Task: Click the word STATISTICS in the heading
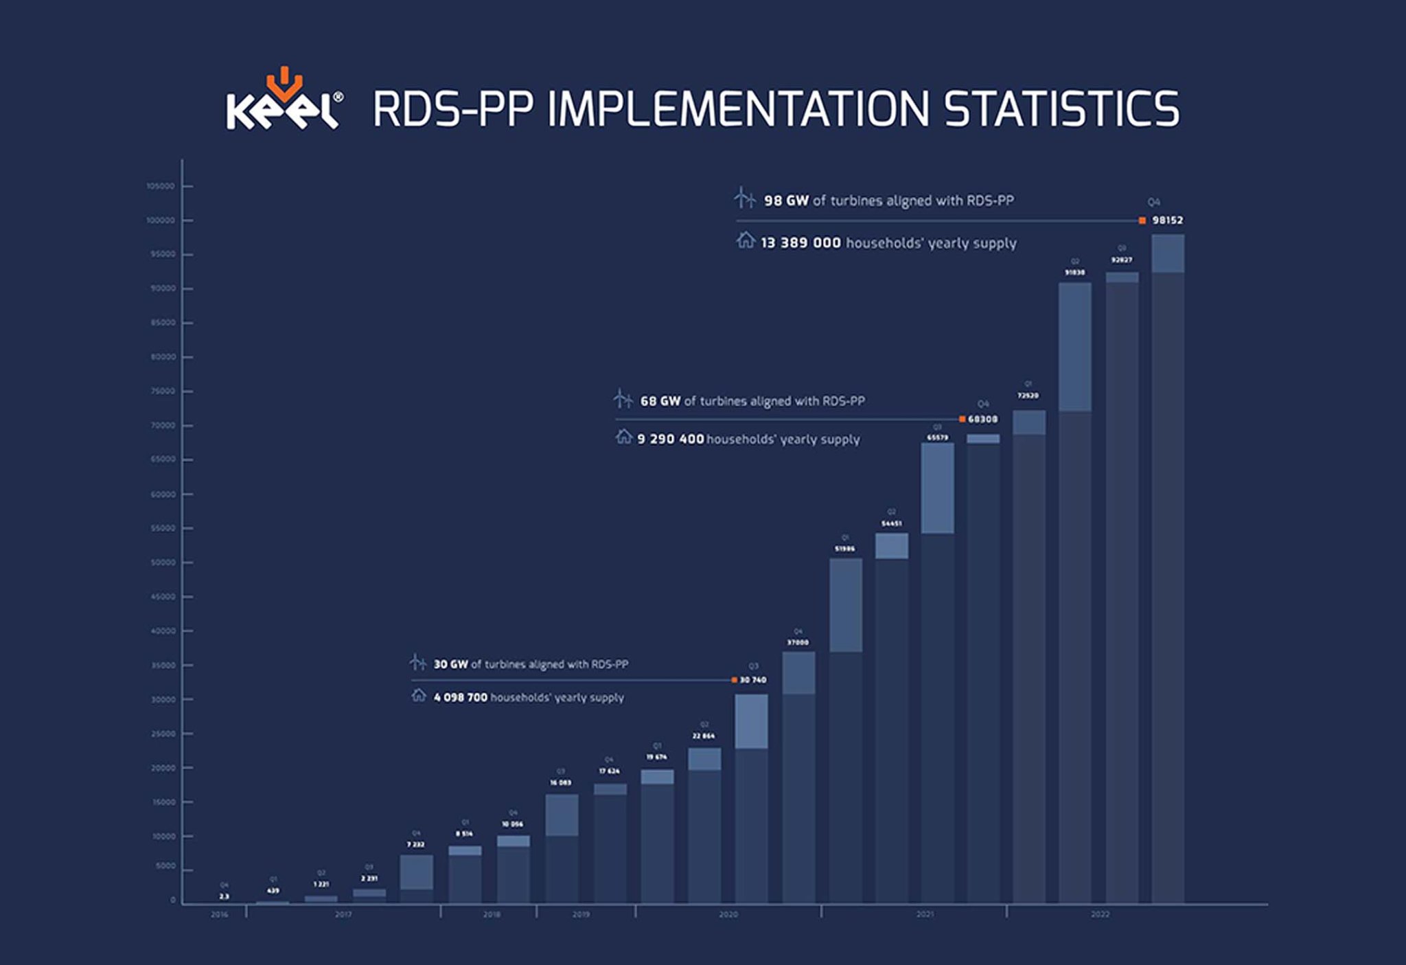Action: (1061, 109)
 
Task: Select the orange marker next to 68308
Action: (962, 419)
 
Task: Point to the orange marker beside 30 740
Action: (734, 680)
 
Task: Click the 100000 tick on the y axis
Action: (161, 220)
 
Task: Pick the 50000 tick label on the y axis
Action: (163, 563)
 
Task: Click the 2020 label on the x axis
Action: (728, 915)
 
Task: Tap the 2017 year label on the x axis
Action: (343, 915)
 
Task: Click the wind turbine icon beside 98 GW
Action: (744, 198)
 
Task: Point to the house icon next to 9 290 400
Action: (623, 437)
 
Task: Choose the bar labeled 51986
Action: (845, 731)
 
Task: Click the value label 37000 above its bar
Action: (797, 642)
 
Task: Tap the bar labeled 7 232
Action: (416, 879)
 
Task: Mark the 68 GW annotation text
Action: (752, 401)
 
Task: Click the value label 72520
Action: (1028, 396)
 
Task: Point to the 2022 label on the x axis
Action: (1100, 915)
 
